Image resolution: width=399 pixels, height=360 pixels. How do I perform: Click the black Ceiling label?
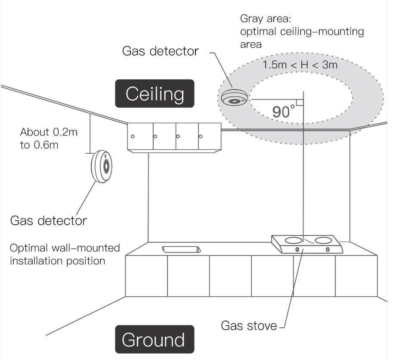tap(155, 93)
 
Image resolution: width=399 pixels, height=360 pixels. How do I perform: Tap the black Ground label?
tap(155, 340)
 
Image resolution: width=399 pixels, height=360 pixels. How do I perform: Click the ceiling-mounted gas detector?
tap(234, 98)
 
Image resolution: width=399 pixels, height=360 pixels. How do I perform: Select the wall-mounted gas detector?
tap(101, 167)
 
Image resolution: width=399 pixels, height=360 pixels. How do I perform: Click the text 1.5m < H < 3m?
tap(300, 65)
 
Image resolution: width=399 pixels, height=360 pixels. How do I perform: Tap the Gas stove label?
tap(249, 326)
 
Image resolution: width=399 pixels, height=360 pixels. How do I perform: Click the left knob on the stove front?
tap(297, 250)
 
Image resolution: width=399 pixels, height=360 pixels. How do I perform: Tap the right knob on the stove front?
tap(328, 249)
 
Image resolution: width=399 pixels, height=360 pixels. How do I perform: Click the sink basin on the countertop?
tap(181, 249)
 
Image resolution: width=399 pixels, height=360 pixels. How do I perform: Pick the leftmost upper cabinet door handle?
tap(133, 137)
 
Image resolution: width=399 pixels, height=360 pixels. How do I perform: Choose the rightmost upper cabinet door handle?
tap(201, 137)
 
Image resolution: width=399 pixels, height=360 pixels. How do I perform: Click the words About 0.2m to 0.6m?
tap(49, 138)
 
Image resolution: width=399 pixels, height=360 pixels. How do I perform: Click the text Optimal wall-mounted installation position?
tap(65, 254)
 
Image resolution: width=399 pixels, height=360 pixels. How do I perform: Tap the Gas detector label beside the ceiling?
tap(161, 51)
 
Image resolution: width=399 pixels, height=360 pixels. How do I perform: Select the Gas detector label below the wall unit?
tap(48, 220)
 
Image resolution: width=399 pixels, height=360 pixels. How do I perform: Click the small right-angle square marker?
tap(300, 102)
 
